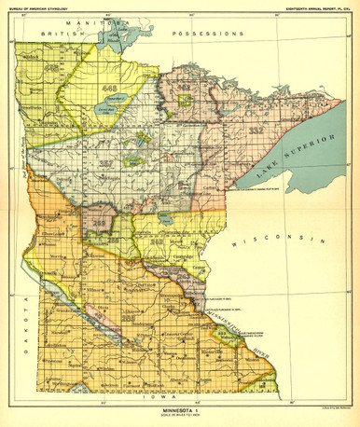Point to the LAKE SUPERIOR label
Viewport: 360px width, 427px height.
point(267,150)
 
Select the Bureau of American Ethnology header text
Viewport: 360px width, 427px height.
point(55,7)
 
